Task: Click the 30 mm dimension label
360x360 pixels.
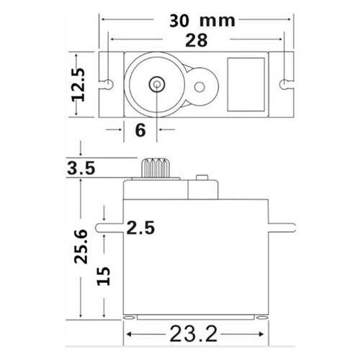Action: [202, 21]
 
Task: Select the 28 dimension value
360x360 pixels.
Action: [197, 40]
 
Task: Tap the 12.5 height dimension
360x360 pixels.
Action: [78, 85]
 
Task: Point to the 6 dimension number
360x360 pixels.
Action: [140, 130]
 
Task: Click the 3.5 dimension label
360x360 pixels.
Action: [81, 168]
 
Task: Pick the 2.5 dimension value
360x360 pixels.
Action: [140, 228]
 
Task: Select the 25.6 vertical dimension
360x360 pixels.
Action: [81, 247]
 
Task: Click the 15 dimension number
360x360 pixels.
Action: [103, 276]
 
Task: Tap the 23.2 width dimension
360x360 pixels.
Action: [194, 334]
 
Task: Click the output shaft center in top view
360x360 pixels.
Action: [157, 84]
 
